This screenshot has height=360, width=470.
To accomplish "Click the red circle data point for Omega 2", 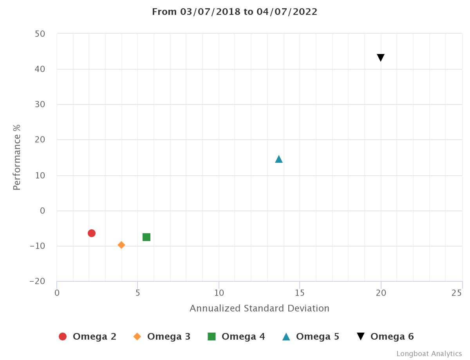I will click(x=92, y=233).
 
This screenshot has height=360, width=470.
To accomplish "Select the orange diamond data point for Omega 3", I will click(x=121, y=245).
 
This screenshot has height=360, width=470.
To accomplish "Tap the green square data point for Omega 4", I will click(x=146, y=237).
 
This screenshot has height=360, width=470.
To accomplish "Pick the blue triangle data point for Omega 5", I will click(x=279, y=159).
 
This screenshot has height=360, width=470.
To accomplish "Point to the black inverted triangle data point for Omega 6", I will click(x=381, y=58).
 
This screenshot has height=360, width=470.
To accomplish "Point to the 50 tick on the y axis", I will click(x=40, y=34).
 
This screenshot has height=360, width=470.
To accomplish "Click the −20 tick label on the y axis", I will click(x=38, y=281).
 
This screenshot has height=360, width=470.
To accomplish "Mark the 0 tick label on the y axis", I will click(x=42, y=211).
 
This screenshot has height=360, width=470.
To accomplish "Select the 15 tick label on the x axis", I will click(x=300, y=293).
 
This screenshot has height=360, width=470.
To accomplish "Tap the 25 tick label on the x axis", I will click(x=457, y=293).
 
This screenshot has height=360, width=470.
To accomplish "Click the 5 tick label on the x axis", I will click(x=138, y=293).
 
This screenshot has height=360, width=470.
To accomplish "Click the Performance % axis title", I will click(x=16, y=157).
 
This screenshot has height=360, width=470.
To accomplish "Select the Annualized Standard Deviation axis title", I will click(x=259, y=308).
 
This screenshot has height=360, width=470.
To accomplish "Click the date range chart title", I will click(x=235, y=12).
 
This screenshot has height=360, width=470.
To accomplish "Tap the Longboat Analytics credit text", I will click(x=429, y=354).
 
